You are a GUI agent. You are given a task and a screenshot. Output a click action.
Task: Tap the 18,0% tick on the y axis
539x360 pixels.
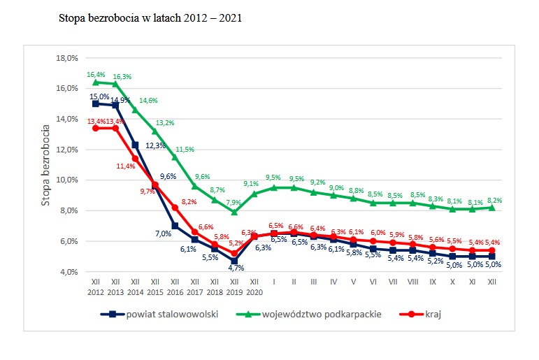(x=69, y=58)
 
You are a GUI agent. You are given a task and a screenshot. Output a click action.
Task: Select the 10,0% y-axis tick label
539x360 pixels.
(x=69, y=180)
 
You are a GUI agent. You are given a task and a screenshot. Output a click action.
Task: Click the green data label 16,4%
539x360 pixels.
(x=96, y=74)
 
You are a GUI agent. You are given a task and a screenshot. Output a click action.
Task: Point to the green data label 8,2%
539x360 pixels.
(x=494, y=201)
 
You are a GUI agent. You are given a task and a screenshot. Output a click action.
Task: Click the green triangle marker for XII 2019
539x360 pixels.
(x=234, y=212)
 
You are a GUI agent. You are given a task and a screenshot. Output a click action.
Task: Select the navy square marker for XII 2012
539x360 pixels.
(x=95, y=103)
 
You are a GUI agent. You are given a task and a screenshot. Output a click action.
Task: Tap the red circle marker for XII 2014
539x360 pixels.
(x=135, y=159)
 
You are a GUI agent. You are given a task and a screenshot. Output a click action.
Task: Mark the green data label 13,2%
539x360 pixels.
(x=165, y=123)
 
